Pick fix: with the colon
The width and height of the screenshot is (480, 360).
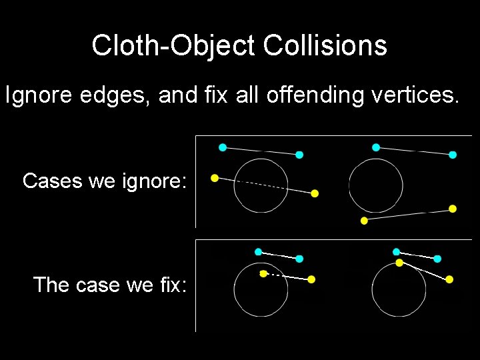173,285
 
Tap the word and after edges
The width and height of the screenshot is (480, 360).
179,95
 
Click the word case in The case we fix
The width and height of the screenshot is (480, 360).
98,285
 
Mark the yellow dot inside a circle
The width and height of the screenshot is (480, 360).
263,273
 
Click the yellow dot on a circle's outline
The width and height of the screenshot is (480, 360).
399,263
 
